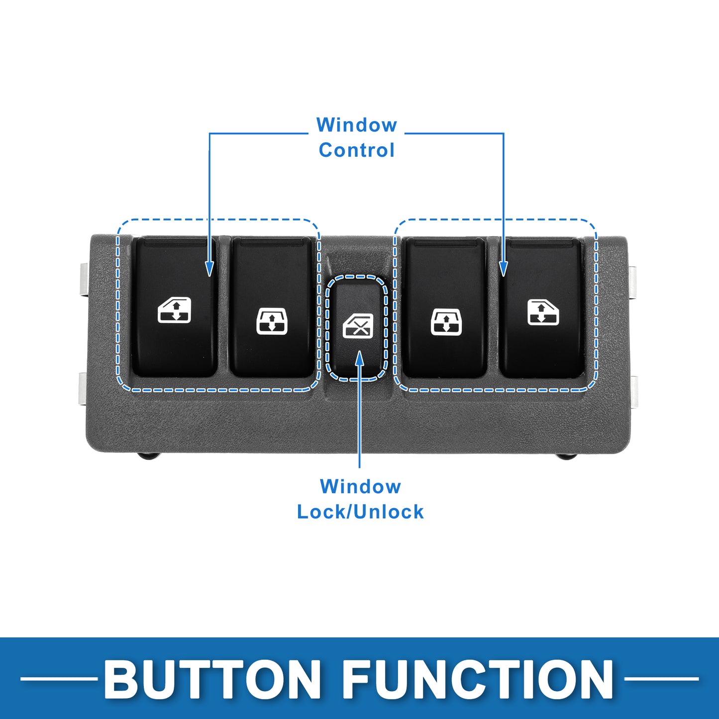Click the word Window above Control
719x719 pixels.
[x=357, y=124]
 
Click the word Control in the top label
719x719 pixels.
[x=357, y=150]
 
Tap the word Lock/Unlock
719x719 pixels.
[x=360, y=512]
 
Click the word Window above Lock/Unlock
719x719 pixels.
[x=360, y=487]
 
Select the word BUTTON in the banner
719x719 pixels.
[x=212, y=679]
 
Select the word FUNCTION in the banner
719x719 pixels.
[x=478, y=679]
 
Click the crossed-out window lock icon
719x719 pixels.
[x=358, y=326]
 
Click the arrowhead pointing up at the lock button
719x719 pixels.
[x=359, y=358]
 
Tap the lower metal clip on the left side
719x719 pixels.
[x=84, y=389]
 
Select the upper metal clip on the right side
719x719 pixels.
[x=633, y=282]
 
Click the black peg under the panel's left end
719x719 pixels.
[x=148, y=456]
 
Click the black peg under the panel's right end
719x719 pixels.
[x=566, y=456]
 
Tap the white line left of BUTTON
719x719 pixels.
[x=58, y=679]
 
